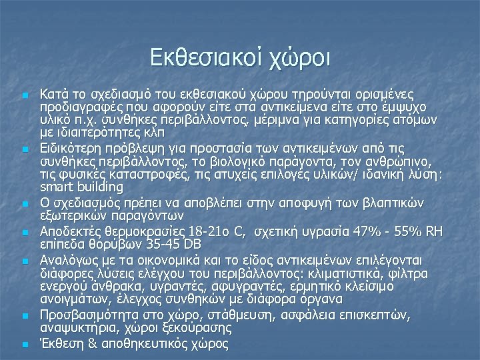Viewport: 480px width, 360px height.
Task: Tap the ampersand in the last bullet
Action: [91, 345]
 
